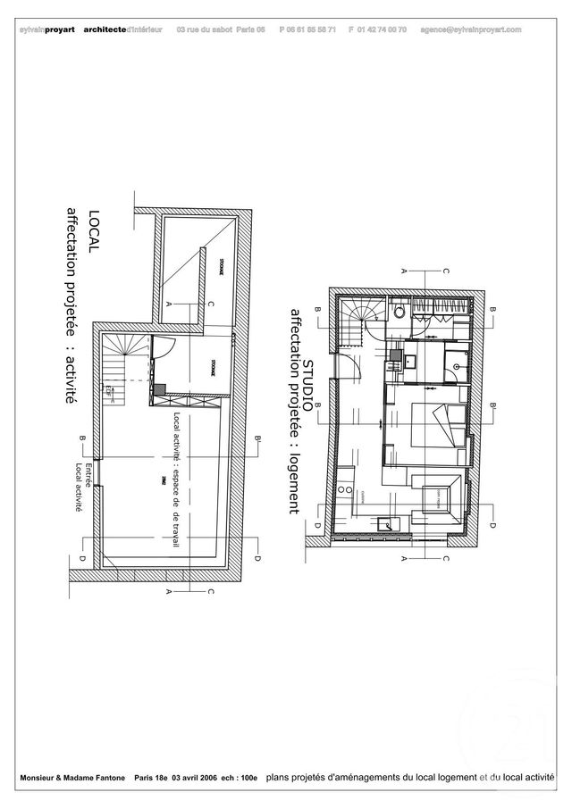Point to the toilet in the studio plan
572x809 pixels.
399,313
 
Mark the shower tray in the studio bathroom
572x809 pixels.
457,363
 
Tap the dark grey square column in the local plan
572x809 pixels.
158,389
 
